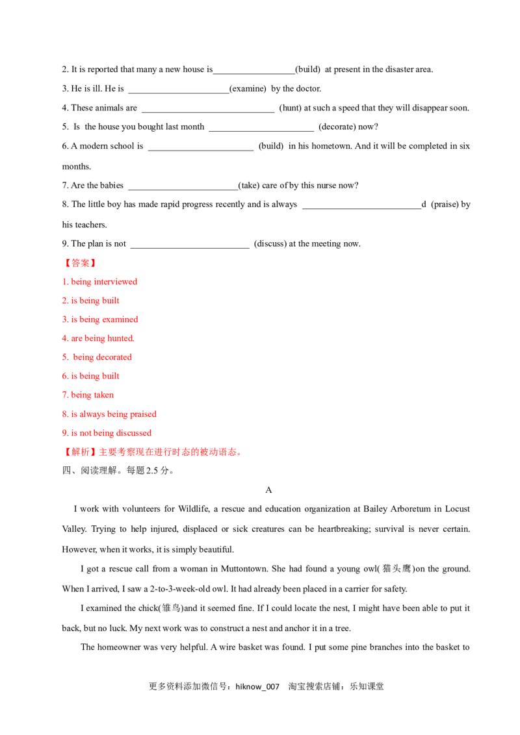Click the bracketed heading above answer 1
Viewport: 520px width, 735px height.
coord(80,263)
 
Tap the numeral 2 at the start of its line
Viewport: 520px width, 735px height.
coord(64,301)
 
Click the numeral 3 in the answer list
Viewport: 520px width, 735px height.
coord(64,319)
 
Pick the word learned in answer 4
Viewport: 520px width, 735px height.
coord(120,338)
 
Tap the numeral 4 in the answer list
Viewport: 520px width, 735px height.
coord(64,338)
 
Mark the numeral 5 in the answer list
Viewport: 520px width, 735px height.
coord(64,357)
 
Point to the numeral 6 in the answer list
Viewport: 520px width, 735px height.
coord(64,376)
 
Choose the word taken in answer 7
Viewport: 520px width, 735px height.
coord(104,395)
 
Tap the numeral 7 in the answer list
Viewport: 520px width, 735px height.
coord(64,395)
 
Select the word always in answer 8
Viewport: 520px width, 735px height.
coord(91,414)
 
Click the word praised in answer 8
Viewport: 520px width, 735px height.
coord(144,414)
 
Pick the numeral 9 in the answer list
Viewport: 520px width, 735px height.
coord(64,432)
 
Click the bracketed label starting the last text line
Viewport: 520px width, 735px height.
coord(79,452)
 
